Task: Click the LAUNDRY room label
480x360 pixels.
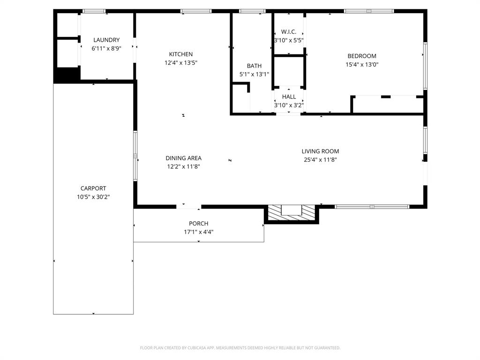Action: (106, 40)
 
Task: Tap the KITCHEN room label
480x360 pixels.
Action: (181, 54)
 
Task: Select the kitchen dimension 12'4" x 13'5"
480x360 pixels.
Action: (181, 63)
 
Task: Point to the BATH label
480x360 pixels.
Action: (254, 66)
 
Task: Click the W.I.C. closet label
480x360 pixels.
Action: (289, 32)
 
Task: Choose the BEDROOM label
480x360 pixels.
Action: (362, 56)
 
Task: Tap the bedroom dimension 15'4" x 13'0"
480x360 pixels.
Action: (362, 65)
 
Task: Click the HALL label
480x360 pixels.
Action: (289, 97)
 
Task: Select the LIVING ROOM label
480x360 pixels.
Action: (320, 151)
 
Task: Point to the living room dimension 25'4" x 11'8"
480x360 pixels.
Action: (320, 160)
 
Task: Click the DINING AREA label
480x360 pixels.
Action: (183, 158)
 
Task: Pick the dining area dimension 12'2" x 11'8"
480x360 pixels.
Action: (183, 166)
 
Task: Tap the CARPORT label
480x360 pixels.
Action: (93, 188)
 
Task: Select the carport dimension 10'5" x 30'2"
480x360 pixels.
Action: (93, 197)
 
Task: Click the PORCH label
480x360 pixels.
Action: (198, 224)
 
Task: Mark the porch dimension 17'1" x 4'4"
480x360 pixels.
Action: (198, 232)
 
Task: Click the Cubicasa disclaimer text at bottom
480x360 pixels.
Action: (240, 348)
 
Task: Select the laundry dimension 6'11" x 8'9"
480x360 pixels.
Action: (106, 48)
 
